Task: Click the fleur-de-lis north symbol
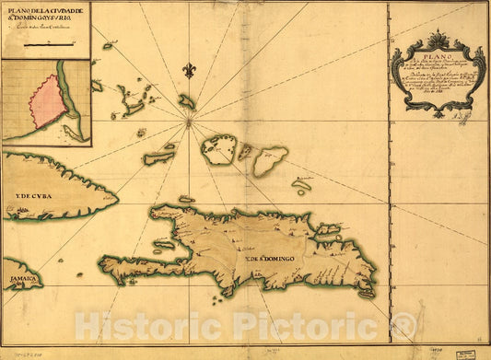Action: click(190, 71)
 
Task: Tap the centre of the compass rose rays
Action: click(189, 119)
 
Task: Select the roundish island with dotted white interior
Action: click(218, 150)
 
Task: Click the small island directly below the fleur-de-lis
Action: click(187, 101)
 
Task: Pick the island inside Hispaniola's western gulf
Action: click(164, 245)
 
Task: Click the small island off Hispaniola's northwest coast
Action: click(186, 199)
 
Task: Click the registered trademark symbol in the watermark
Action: click(403, 325)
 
